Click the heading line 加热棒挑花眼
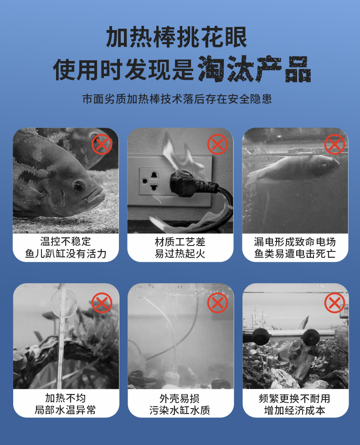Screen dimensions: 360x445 tap(177, 37)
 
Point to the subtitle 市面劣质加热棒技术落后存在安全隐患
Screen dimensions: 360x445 tap(177, 99)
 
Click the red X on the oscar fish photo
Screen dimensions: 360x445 tap(102, 144)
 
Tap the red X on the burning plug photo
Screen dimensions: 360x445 tap(217, 144)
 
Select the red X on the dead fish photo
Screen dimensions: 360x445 tap(334, 144)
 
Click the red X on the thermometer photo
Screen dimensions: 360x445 tap(102, 303)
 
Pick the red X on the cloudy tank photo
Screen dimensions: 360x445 tap(217, 303)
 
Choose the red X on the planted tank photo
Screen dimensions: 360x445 tap(334, 303)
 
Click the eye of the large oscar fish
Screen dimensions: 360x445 tap(79, 186)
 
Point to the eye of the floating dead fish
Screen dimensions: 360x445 tap(324, 165)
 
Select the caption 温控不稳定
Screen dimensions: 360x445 tap(66, 241)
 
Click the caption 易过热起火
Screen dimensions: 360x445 tap(180, 253)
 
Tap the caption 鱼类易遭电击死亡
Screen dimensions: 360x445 tap(295, 253)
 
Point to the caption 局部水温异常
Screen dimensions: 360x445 tap(66, 410)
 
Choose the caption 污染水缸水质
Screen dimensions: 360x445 tap(180, 410)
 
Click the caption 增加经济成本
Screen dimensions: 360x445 tap(295, 410)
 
